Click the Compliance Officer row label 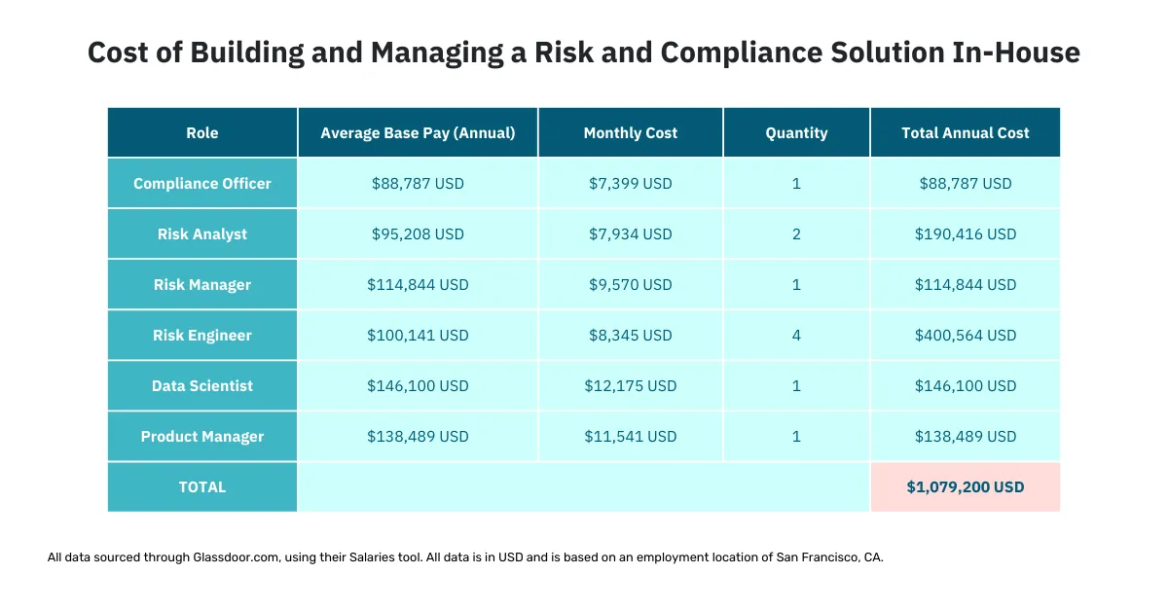pos(202,184)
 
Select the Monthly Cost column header pos(630,133)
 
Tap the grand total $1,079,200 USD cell pos(965,487)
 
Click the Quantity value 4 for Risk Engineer pos(796,336)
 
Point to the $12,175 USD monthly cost pos(630,386)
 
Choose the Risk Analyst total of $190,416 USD pos(965,234)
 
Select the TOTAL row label pos(202,487)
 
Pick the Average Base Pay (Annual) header pos(418,133)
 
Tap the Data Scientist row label pos(202,386)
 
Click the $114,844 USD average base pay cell pos(418,285)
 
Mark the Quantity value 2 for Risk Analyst pos(796,234)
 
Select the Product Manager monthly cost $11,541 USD pos(630,437)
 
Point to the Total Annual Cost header pos(965,133)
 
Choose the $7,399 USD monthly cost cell pos(630,184)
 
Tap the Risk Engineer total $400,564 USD pos(965,336)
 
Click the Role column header pos(202,133)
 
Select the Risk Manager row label pos(202,285)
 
